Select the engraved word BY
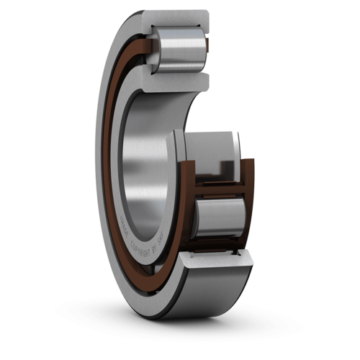click(153, 249)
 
